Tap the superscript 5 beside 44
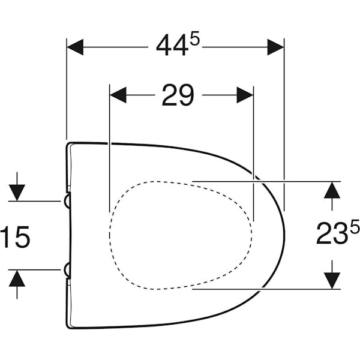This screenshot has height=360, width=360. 195,41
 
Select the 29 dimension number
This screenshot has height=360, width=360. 178,95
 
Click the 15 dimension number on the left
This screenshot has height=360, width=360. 15,237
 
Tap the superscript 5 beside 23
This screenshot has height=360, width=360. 355,226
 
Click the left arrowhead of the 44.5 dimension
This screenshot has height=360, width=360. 75,47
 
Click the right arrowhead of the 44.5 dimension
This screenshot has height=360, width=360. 276,47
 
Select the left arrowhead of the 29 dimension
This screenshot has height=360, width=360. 118,95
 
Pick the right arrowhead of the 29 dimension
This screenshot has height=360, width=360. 245,95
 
